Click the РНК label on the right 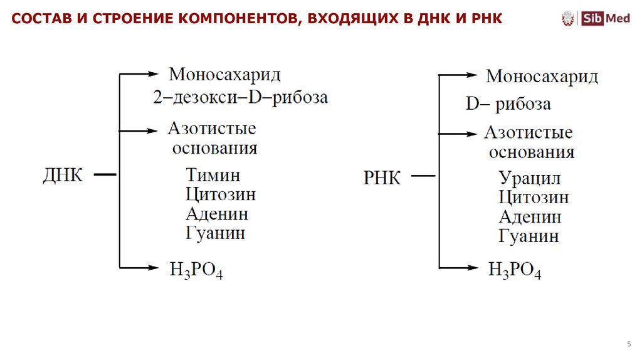click(x=382, y=177)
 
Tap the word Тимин click(x=213, y=175)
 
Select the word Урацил click(x=530, y=178)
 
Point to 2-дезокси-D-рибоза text click(x=240, y=98)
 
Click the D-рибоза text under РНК click(x=508, y=103)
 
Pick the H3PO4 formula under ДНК click(x=197, y=270)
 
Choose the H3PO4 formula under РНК click(x=515, y=271)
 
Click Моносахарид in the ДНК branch click(x=224, y=74)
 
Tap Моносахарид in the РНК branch click(x=542, y=77)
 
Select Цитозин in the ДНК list click(x=221, y=194)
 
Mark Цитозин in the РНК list click(x=534, y=198)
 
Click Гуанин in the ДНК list click(x=216, y=233)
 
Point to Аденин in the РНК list click(x=530, y=217)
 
